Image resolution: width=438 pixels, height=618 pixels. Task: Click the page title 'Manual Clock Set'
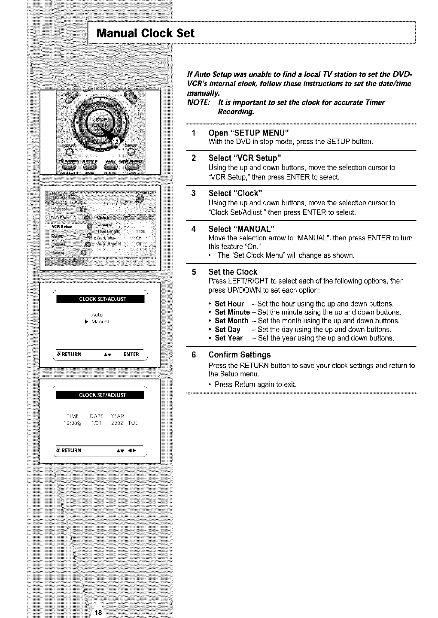pyautogui.click(x=145, y=33)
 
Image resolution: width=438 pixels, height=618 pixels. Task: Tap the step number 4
pyautogui.click(x=194, y=228)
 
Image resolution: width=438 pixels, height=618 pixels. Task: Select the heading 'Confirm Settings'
pyautogui.click(x=239, y=355)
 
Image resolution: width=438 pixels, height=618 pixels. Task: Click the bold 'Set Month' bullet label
pyautogui.click(x=231, y=321)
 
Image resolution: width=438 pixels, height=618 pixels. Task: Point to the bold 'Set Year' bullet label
pyautogui.click(x=228, y=338)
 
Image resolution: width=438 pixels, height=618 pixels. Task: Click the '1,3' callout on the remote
pyautogui.click(x=116, y=141)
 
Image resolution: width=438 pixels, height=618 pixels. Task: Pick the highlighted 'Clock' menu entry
pyautogui.click(x=105, y=217)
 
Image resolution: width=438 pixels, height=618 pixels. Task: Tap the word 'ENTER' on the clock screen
pyautogui.click(x=131, y=354)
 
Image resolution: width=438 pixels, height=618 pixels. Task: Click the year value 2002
pyautogui.click(x=117, y=423)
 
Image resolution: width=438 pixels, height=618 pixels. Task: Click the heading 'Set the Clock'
pyautogui.click(x=232, y=272)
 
